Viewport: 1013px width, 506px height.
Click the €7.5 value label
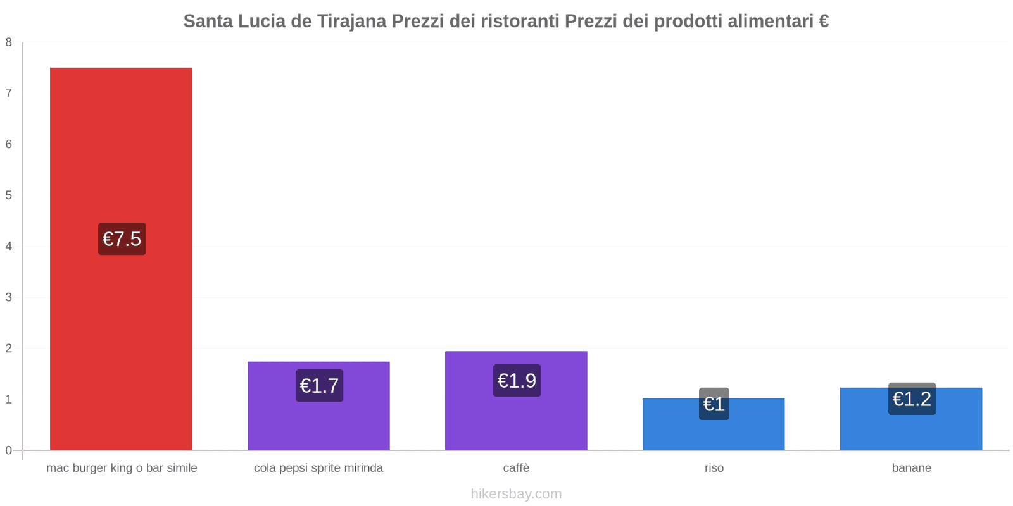(x=122, y=239)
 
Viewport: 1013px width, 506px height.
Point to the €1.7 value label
(x=319, y=386)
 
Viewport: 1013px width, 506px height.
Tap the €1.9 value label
(x=517, y=381)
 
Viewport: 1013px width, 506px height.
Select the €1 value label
(x=714, y=404)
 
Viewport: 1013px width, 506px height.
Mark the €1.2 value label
(x=912, y=399)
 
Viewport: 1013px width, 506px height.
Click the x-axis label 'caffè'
(x=516, y=468)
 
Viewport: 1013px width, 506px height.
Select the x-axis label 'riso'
(x=714, y=468)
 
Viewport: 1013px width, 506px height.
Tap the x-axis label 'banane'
(x=911, y=468)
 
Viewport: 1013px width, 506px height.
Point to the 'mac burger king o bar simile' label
(x=122, y=468)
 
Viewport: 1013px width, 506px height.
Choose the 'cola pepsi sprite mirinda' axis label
(x=318, y=468)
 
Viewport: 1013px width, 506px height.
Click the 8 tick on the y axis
(x=9, y=42)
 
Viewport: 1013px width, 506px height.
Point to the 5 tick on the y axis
(x=9, y=195)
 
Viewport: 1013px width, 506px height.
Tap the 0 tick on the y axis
(x=9, y=450)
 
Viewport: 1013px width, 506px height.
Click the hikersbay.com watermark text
(x=516, y=494)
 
